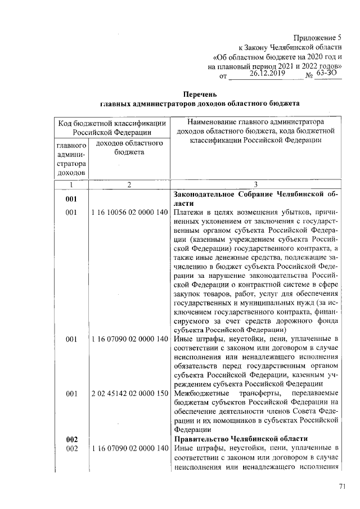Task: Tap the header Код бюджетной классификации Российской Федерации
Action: tap(112, 127)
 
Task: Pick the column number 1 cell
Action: tap(71, 184)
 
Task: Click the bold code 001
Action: tap(71, 199)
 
